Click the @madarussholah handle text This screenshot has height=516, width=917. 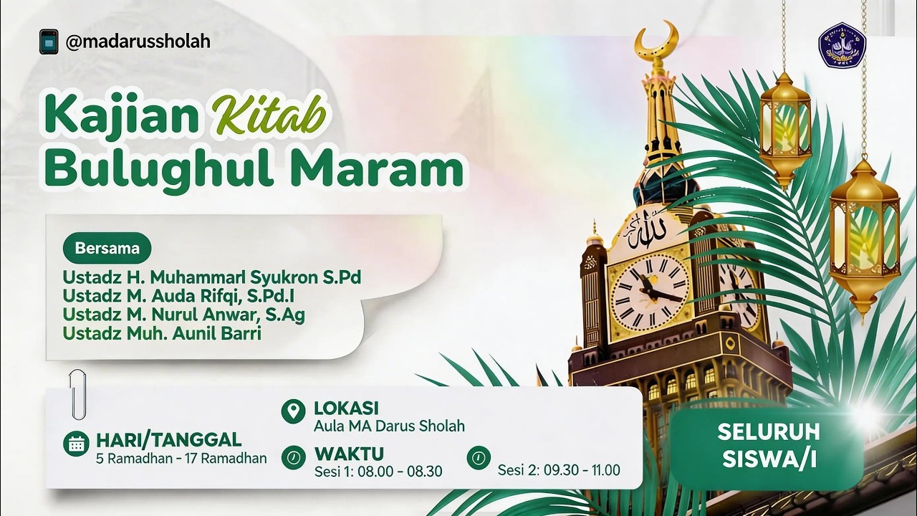[x=138, y=42]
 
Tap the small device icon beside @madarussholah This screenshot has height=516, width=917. [x=49, y=42]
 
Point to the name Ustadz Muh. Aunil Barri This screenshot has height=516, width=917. [x=161, y=333]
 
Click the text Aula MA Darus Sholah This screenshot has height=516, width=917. [x=389, y=426]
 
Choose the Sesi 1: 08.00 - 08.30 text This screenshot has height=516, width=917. [x=378, y=471]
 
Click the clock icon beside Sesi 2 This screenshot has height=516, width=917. [x=479, y=457]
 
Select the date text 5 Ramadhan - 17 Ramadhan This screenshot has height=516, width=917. [x=181, y=458]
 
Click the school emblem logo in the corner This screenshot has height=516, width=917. [x=842, y=45]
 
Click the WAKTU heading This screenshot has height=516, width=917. [x=348, y=454]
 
